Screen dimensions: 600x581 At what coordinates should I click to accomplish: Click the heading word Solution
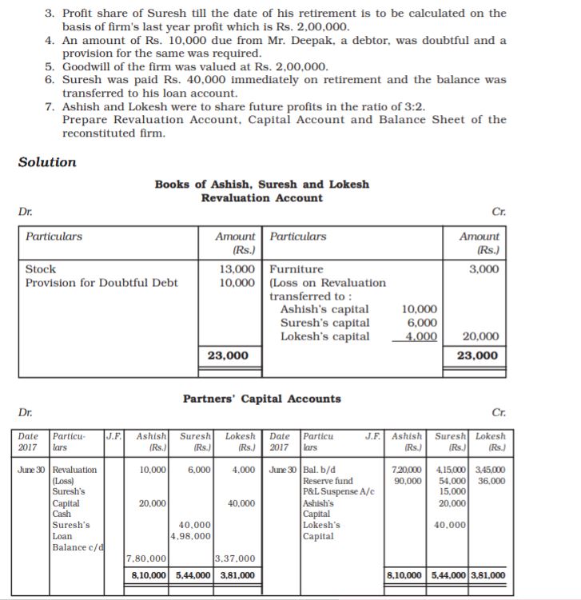(47, 162)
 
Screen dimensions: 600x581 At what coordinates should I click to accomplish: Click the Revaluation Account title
(262, 198)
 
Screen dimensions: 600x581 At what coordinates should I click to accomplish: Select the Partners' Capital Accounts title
(262, 399)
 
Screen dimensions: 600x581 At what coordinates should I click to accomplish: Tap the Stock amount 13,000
(237, 269)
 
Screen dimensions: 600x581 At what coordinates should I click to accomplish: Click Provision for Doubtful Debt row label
(101, 283)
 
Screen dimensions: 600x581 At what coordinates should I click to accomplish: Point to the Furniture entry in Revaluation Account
(297, 269)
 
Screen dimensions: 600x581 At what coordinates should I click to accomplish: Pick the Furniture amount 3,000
(484, 269)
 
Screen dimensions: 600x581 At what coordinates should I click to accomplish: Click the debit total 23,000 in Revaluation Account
(228, 356)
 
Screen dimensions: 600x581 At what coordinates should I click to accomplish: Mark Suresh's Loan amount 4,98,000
(192, 536)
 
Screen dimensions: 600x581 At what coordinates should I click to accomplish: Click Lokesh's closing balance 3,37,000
(235, 559)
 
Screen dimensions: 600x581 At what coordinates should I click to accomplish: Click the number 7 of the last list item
(50, 107)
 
